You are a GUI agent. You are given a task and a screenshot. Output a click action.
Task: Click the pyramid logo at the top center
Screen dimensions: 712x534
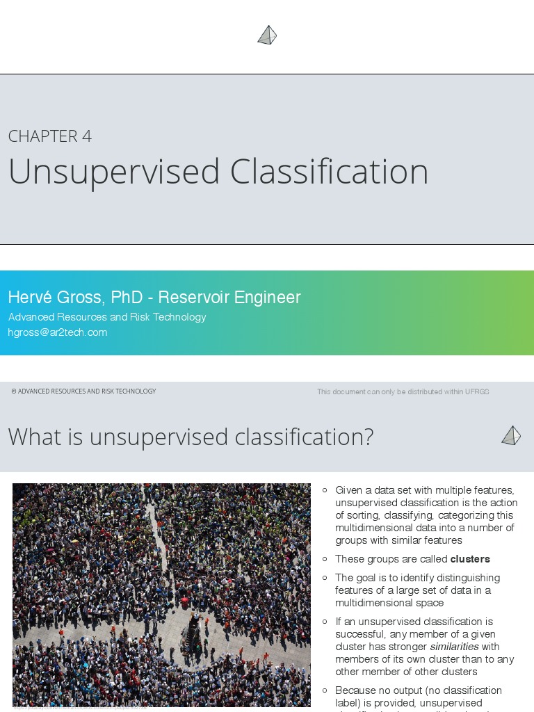click(267, 35)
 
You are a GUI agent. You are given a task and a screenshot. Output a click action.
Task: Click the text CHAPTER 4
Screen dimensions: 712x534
click(50, 136)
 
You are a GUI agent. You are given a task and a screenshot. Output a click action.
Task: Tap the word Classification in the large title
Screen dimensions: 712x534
click(329, 172)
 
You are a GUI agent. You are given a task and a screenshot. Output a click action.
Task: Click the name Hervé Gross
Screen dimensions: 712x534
click(54, 298)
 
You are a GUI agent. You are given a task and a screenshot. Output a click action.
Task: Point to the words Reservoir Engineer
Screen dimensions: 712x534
click(229, 298)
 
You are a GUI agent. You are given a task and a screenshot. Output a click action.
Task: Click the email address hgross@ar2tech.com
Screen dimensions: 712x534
click(58, 332)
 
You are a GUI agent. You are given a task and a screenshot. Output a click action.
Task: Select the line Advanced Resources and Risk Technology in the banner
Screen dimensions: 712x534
click(107, 317)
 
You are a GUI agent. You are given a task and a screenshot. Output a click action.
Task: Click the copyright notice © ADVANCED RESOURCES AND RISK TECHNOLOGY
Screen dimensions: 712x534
click(83, 391)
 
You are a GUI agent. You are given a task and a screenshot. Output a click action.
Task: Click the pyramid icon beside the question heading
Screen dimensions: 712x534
click(511, 436)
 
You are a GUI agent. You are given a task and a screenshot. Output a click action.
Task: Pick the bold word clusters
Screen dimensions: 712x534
click(470, 559)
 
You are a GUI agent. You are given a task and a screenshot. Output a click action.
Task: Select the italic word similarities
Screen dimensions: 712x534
click(454, 647)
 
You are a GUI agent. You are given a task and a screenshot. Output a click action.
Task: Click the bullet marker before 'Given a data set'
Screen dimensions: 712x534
click(325, 490)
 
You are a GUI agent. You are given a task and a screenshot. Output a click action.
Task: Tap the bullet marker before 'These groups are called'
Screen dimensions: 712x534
click(325, 559)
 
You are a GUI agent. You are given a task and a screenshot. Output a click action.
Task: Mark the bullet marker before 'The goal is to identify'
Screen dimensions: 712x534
click(325, 578)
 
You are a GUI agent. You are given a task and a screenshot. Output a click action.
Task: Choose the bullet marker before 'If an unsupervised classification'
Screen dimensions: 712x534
click(325, 622)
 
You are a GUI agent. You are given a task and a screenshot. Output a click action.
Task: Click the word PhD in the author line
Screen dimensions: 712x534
click(127, 298)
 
